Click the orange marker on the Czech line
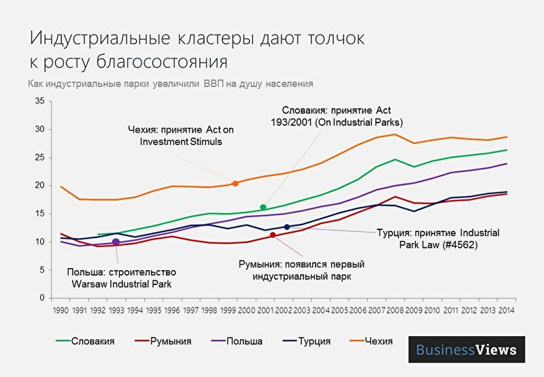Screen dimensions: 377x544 pyautogui.click(x=235, y=183)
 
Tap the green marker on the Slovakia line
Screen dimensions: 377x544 pyautogui.click(x=263, y=208)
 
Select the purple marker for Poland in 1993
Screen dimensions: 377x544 pyautogui.click(x=116, y=242)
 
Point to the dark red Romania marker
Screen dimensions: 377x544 pyautogui.click(x=273, y=235)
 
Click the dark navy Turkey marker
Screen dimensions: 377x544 pyautogui.click(x=287, y=227)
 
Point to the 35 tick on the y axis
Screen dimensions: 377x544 pyautogui.click(x=40, y=101)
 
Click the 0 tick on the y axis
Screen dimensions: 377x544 pyautogui.click(x=42, y=298)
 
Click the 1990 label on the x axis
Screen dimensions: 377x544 pyautogui.click(x=61, y=310)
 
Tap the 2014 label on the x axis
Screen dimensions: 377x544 pyautogui.click(x=507, y=310)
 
